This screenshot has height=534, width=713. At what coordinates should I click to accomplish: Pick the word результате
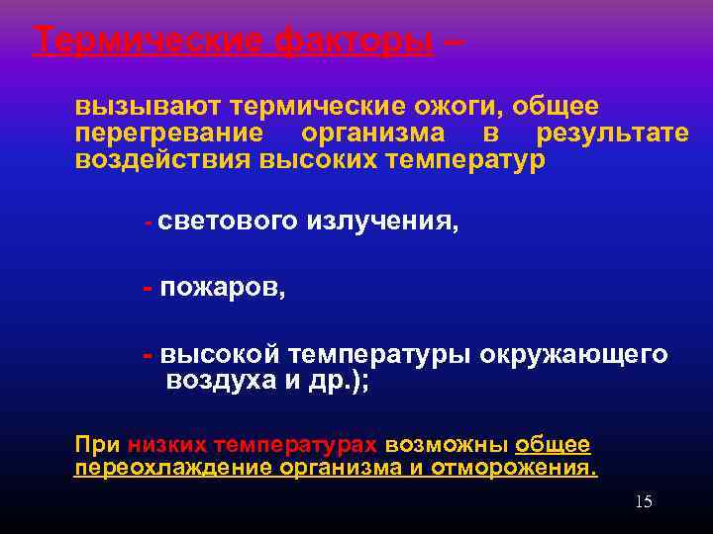tap(612, 133)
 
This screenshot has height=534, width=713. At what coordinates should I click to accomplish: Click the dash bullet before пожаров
tap(147, 288)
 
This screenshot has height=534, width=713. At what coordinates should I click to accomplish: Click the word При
tap(95, 444)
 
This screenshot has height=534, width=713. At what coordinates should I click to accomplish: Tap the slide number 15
tap(643, 502)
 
